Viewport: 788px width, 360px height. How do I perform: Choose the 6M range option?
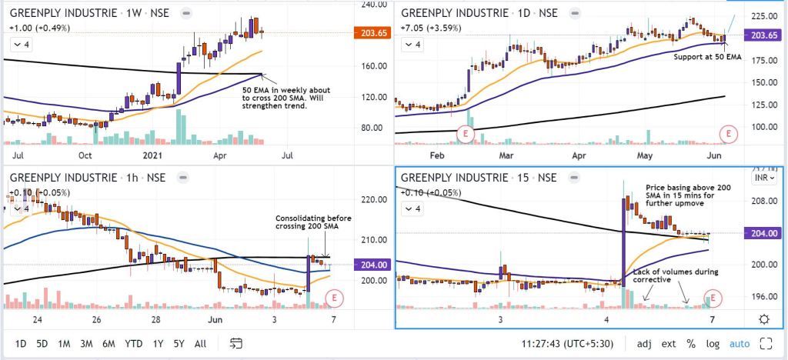point(109,343)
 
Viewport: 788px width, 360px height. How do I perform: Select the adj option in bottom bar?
point(645,343)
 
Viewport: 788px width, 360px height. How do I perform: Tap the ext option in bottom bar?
point(669,343)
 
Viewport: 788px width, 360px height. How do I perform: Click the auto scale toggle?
point(739,343)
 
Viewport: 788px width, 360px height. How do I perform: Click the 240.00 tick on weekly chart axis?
point(373,5)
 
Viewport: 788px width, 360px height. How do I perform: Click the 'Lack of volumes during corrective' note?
point(675,276)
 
